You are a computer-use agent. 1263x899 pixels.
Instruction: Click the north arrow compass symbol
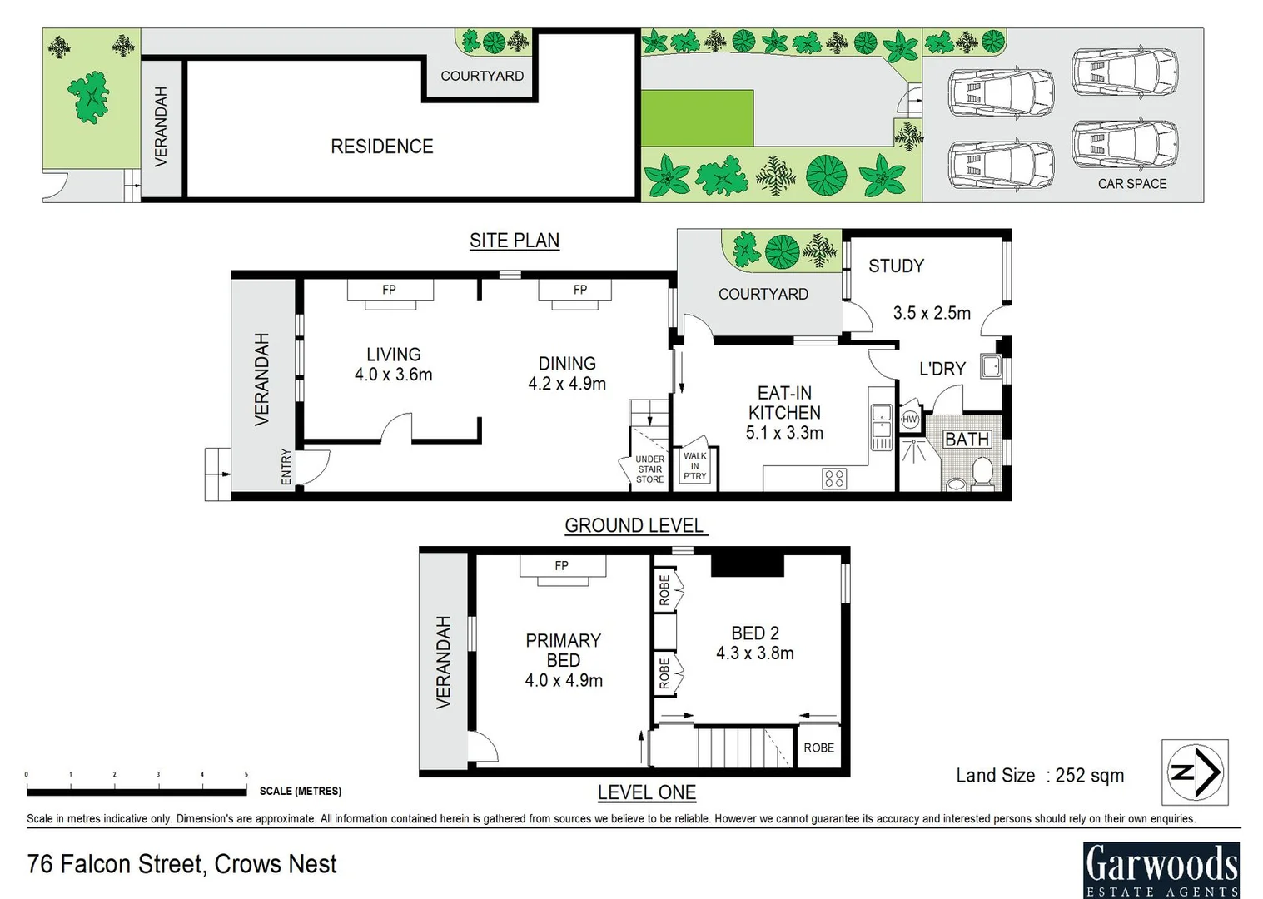(x=1195, y=772)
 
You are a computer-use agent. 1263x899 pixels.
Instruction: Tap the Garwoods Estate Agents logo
(x=1161, y=869)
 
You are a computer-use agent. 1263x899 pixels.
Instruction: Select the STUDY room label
(x=896, y=266)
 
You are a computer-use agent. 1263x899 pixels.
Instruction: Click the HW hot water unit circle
(x=909, y=420)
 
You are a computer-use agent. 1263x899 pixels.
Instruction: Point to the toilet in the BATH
(x=982, y=472)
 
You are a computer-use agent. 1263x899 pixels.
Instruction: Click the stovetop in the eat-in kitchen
(x=834, y=478)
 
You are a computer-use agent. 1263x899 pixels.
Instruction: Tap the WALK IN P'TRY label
(x=694, y=466)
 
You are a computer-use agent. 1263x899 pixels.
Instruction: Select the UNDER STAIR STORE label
(x=649, y=469)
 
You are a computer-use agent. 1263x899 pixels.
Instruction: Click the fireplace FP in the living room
(x=390, y=291)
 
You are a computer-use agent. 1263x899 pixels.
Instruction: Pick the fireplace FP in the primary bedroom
(x=562, y=567)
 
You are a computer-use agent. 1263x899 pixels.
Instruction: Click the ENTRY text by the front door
(x=286, y=467)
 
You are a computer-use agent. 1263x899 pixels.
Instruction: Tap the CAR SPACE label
(x=1131, y=184)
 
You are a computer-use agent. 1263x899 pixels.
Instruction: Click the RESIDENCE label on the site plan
(x=381, y=147)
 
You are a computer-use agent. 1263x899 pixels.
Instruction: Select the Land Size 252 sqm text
(x=1039, y=776)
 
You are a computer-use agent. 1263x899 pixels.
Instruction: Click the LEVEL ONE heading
(x=646, y=792)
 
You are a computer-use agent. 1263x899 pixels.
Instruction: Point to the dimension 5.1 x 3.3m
(x=784, y=433)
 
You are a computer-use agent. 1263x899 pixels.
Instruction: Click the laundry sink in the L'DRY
(x=991, y=365)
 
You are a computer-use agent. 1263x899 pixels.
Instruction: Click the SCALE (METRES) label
(x=300, y=791)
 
